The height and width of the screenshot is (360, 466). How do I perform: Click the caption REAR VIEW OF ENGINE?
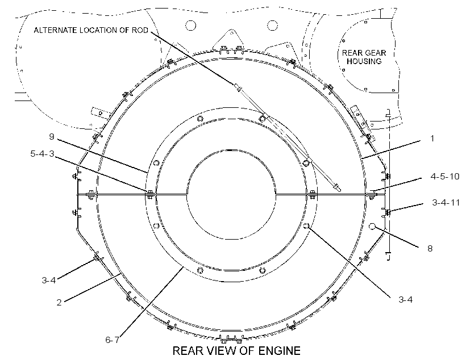(x=236, y=350)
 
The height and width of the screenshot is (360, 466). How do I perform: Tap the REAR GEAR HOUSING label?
(x=364, y=57)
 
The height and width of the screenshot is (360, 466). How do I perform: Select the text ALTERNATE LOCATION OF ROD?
(x=91, y=30)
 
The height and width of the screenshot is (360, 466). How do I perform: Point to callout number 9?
(x=52, y=136)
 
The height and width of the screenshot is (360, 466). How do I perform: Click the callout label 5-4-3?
(x=42, y=153)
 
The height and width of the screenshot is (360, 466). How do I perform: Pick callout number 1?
(x=432, y=138)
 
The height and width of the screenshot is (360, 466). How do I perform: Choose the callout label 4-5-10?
(x=445, y=176)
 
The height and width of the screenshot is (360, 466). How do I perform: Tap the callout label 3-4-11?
(x=446, y=203)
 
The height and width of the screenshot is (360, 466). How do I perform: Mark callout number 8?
(x=430, y=248)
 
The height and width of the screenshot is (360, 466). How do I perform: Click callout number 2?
(x=59, y=303)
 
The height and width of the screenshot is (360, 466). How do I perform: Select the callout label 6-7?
(x=113, y=340)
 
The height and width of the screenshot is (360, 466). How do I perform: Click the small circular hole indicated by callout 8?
(x=372, y=227)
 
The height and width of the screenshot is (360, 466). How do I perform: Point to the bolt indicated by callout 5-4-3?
(x=150, y=195)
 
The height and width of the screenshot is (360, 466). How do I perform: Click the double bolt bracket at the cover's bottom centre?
(x=231, y=338)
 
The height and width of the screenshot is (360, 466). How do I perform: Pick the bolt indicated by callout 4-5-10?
(x=372, y=195)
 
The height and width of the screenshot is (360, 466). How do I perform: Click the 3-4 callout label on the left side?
(x=48, y=280)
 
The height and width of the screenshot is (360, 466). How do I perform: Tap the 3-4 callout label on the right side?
(x=405, y=299)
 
